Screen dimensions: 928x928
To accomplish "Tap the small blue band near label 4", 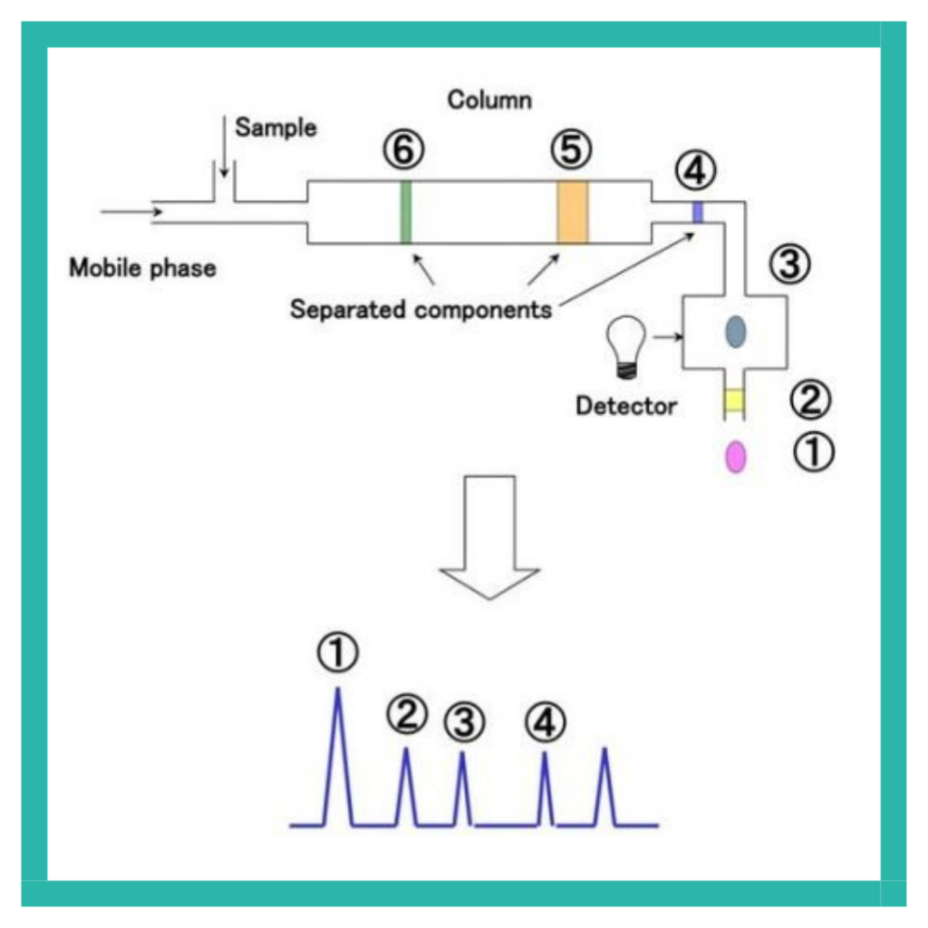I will coord(698,212).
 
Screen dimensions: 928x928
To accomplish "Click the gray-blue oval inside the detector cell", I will coord(735,333).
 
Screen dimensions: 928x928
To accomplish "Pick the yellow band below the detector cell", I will coord(735,400).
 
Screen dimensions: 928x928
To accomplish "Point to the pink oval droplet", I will coord(736,457).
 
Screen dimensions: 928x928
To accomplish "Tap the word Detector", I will coord(626,405).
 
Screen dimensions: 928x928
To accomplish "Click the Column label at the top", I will coord(489,100).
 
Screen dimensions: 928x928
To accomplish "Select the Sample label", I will coord(275,128).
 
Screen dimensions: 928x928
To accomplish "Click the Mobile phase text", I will coord(143,267).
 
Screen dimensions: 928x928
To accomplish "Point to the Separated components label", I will coord(420,309).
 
